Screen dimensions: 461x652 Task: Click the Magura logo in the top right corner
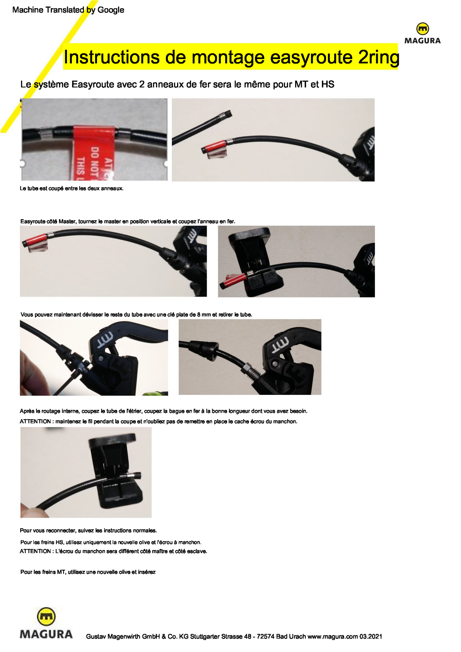422,33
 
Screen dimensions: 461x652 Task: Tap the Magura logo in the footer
46,623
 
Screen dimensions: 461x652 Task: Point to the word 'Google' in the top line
111,10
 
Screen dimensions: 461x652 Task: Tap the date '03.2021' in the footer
371,636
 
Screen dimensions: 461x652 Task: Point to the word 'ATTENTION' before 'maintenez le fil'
35,421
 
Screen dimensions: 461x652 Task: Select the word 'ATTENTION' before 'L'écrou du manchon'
35,551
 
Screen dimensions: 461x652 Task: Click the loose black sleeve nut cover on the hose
203,347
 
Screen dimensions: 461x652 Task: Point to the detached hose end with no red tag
202,127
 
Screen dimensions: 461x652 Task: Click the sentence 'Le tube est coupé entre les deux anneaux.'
71,189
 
